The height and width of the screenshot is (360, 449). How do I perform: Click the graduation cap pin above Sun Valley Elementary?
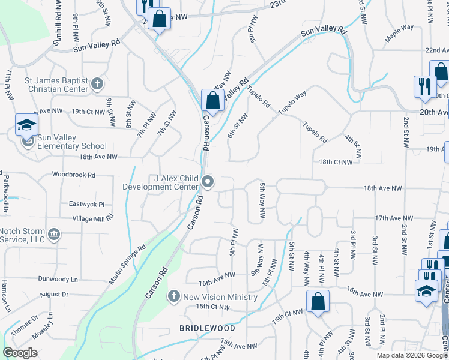[27, 124]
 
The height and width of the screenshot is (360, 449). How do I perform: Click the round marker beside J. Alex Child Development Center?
[208, 181]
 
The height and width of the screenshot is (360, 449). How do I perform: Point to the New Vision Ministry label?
[220, 297]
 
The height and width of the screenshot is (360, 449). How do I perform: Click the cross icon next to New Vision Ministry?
[173, 296]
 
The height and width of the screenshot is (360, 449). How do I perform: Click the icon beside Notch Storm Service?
[54, 233]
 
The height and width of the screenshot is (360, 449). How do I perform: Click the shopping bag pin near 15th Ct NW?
[318, 301]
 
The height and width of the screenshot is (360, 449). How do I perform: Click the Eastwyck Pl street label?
[86, 204]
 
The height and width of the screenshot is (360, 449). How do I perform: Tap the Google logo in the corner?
[20, 353]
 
